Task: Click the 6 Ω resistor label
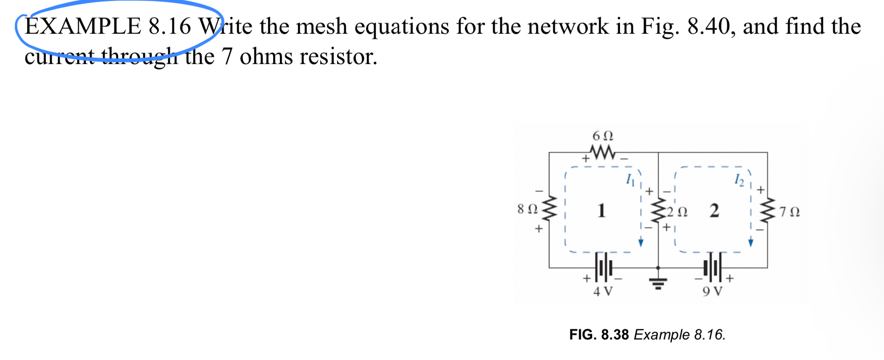[602, 136]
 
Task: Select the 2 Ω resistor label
[677, 212]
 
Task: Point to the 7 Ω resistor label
[789, 212]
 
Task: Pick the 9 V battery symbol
[712, 267]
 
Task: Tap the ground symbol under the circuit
[658, 282]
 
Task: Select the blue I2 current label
[739, 180]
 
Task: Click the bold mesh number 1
[602, 210]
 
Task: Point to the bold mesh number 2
[714, 210]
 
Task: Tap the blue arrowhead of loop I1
[641, 243]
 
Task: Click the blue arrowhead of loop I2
[751, 243]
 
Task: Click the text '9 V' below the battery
[712, 291]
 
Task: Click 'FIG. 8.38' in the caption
[599, 335]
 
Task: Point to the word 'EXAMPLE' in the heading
[83, 26]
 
